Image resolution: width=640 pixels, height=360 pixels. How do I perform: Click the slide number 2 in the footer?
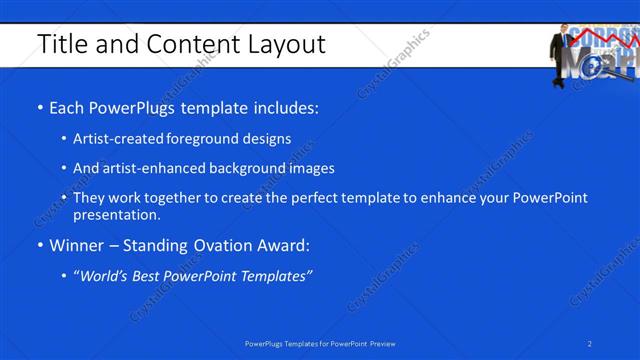pyautogui.click(x=590, y=343)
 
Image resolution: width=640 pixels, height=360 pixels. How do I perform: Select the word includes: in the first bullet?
pyautogui.click(x=283, y=107)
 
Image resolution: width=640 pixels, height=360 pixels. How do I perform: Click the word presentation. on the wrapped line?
pyautogui.click(x=116, y=214)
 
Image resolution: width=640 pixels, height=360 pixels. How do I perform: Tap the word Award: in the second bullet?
pyautogui.click(x=283, y=245)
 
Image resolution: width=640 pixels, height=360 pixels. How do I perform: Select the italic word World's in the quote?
pyautogui.click(x=107, y=276)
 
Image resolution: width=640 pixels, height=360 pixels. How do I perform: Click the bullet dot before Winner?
pyautogui.click(x=40, y=245)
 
